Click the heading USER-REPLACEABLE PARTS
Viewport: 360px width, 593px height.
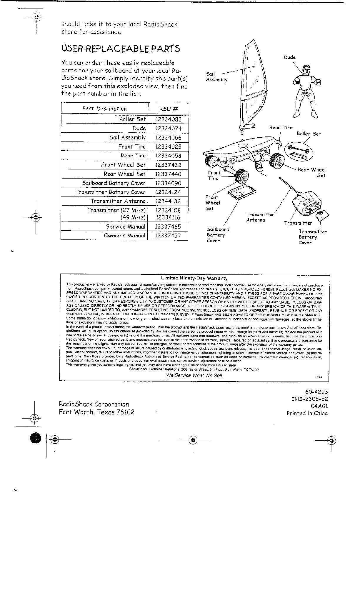pos(120,49)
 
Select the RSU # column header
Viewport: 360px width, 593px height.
pos(168,109)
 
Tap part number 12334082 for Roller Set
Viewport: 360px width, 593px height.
pos(168,119)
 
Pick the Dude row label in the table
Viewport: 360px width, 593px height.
pos(139,129)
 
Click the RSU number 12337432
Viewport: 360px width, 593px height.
pos(168,165)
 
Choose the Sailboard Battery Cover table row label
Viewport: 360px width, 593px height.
pos(114,183)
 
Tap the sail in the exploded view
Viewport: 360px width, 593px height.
pos(250,85)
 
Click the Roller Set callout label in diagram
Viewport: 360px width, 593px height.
pos(309,134)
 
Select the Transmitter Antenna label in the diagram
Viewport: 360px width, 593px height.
pos(260,217)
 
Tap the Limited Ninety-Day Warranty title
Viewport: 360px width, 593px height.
pos(194,278)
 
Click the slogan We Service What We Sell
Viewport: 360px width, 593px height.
pos(194,375)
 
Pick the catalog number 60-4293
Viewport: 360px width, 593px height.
pos(316,392)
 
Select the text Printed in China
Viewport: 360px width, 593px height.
pos(307,413)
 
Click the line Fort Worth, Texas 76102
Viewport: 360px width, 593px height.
pos(97,412)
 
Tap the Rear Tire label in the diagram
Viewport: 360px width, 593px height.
pos(281,128)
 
